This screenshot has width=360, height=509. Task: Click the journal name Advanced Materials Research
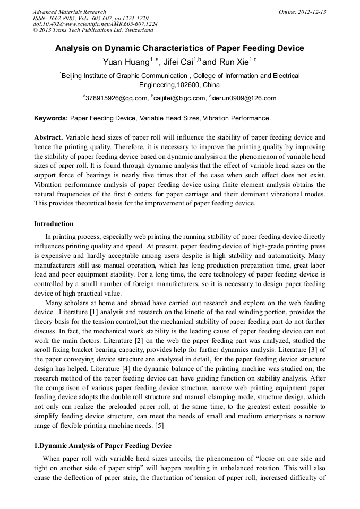click(69, 12)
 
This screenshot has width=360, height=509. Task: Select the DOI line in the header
click(95, 24)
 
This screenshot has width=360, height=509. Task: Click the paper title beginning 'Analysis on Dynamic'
click(179, 48)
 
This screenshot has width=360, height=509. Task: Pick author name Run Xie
click(234, 62)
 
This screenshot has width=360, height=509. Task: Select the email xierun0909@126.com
click(244, 98)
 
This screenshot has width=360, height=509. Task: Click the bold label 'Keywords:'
click(50, 118)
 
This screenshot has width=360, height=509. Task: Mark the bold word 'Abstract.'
click(48, 137)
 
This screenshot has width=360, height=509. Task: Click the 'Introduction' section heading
click(54, 224)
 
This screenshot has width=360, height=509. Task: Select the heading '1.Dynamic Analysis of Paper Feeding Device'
click(102, 445)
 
